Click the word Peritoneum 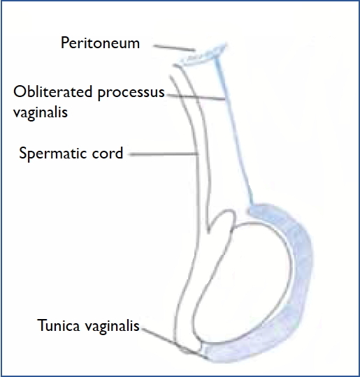pos(100,43)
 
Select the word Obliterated pos(52,91)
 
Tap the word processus pos(131,94)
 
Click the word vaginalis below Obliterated pos(41,112)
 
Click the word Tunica pos(59,325)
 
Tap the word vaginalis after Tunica pos(113,327)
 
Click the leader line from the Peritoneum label pos(174,48)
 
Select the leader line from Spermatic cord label pos(164,154)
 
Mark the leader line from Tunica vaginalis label pos(174,343)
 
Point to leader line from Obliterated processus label pos(196,97)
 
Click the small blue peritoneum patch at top pos(203,55)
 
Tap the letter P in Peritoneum pos(65,43)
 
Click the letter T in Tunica pos(42,325)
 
